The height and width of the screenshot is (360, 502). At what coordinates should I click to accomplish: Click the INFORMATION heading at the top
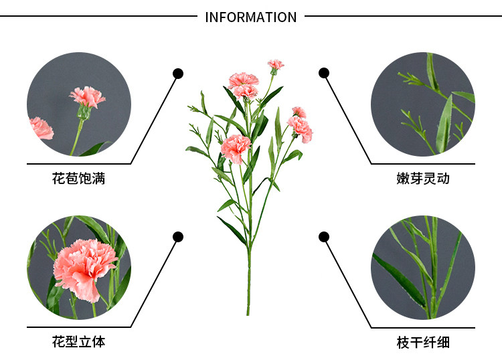tap(251, 17)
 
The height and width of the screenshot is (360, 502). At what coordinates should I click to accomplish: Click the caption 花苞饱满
tap(78, 179)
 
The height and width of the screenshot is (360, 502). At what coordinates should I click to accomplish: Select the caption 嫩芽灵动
tap(423, 179)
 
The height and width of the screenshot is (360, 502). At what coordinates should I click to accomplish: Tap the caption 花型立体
tap(78, 342)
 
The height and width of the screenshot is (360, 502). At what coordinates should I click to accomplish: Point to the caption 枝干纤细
tap(423, 343)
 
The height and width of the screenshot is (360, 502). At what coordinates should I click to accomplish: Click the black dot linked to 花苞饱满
tap(178, 73)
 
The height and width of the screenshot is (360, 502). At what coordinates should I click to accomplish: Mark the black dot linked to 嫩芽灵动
tap(324, 73)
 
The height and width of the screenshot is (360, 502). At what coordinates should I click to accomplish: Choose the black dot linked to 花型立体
tap(178, 236)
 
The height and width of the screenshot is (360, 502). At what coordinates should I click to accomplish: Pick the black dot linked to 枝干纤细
tap(324, 236)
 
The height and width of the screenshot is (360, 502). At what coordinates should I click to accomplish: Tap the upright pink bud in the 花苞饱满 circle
tap(87, 98)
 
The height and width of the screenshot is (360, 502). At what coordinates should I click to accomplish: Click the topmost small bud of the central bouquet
tap(275, 65)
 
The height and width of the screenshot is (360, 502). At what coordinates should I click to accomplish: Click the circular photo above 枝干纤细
tap(423, 267)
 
